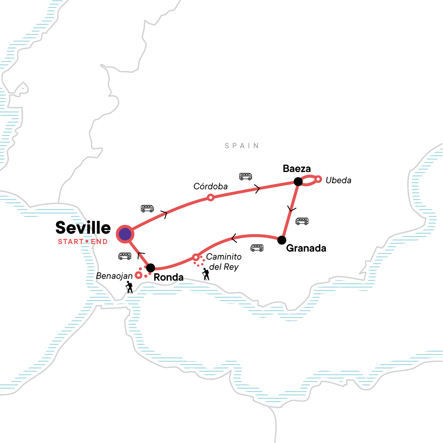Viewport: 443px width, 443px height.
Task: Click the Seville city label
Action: tap(83, 228)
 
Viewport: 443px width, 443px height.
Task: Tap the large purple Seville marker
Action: tap(125, 234)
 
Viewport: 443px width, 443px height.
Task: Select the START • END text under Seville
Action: tap(83, 242)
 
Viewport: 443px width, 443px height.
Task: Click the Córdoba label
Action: tap(210, 186)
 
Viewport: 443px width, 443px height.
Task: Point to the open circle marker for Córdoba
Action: tap(210, 198)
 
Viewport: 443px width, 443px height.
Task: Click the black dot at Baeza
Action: tap(298, 181)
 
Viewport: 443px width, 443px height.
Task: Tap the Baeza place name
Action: tap(297, 169)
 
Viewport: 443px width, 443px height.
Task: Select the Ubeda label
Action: tap(338, 181)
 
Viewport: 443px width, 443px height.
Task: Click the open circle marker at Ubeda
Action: tap(318, 179)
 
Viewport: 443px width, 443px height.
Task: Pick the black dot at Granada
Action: tap(282, 240)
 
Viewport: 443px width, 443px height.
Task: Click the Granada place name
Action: tap(306, 248)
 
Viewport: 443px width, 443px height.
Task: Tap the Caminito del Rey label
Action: tap(224, 262)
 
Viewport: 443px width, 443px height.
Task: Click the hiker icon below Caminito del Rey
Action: tap(206, 274)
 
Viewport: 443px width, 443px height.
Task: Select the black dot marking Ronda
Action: tap(150, 268)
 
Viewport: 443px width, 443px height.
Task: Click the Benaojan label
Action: tap(114, 276)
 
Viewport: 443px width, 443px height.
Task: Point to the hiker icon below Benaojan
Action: tap(129, 287)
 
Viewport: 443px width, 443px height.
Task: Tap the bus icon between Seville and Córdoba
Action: tap(147, 209)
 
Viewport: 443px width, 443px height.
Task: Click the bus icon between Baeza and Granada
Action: tap(302, 221)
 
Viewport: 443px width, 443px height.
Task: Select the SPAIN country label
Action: tap(242, 146)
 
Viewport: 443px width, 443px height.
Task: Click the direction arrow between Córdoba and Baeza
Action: tap(257, 189)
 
